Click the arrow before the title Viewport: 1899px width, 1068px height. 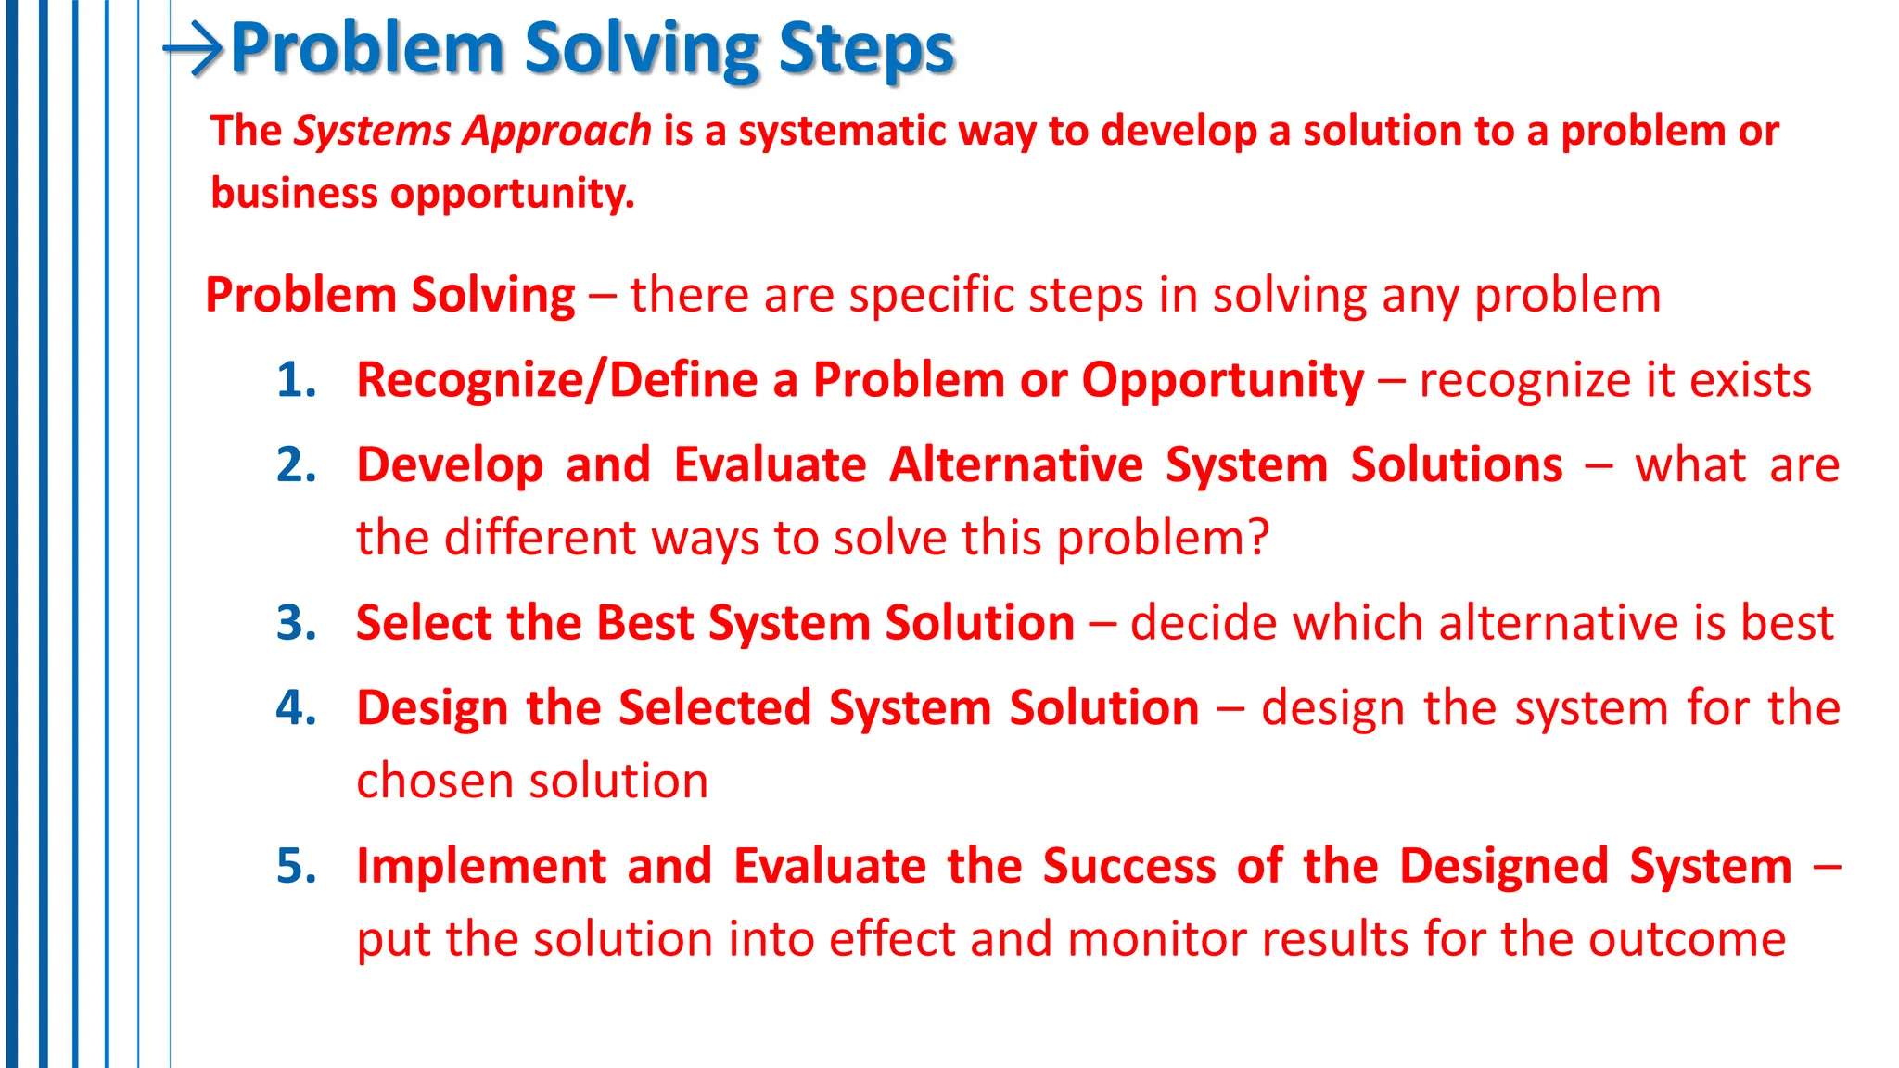(x=194, y=49)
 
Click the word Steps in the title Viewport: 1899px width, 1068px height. (x=866, y=49)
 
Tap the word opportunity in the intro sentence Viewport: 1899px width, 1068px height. (x=512, y=194)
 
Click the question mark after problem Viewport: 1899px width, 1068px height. (x=1258, y=538)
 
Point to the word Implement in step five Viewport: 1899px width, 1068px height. (x=481, y=867)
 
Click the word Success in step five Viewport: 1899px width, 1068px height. (x=1128, y=867)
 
